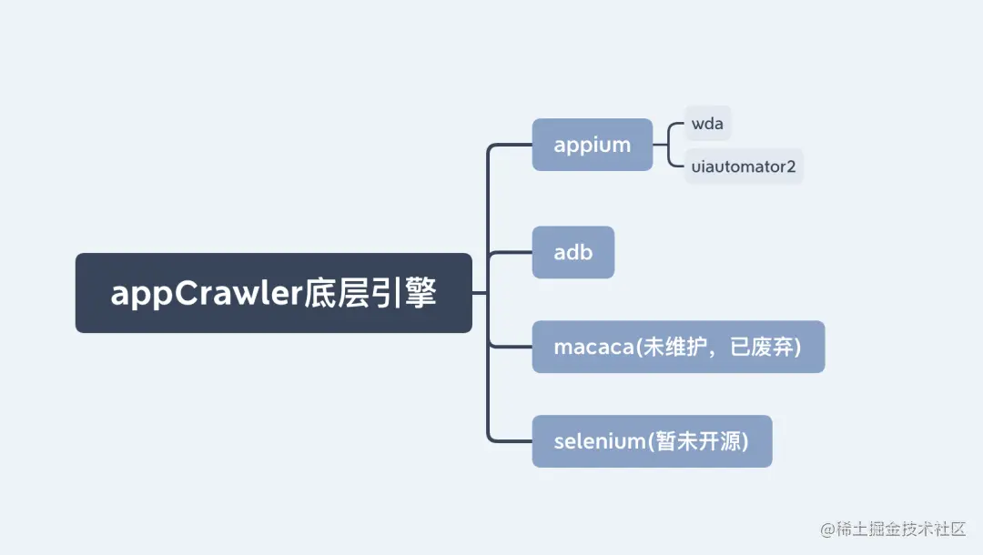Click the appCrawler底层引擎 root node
[x=273, y=293]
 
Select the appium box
[x=592, y=145]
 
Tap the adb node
[x=573, y=252]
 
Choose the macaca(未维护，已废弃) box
[x=678, y=347]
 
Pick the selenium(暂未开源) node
[x=652, y=441]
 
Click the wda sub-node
[x=707, y=124]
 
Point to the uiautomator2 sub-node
[x=744, y=166]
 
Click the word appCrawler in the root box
[x=201, y=294]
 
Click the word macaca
[x=593, y=347]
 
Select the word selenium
[x=599, y=441]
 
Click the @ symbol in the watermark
[x=827, y=530]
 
